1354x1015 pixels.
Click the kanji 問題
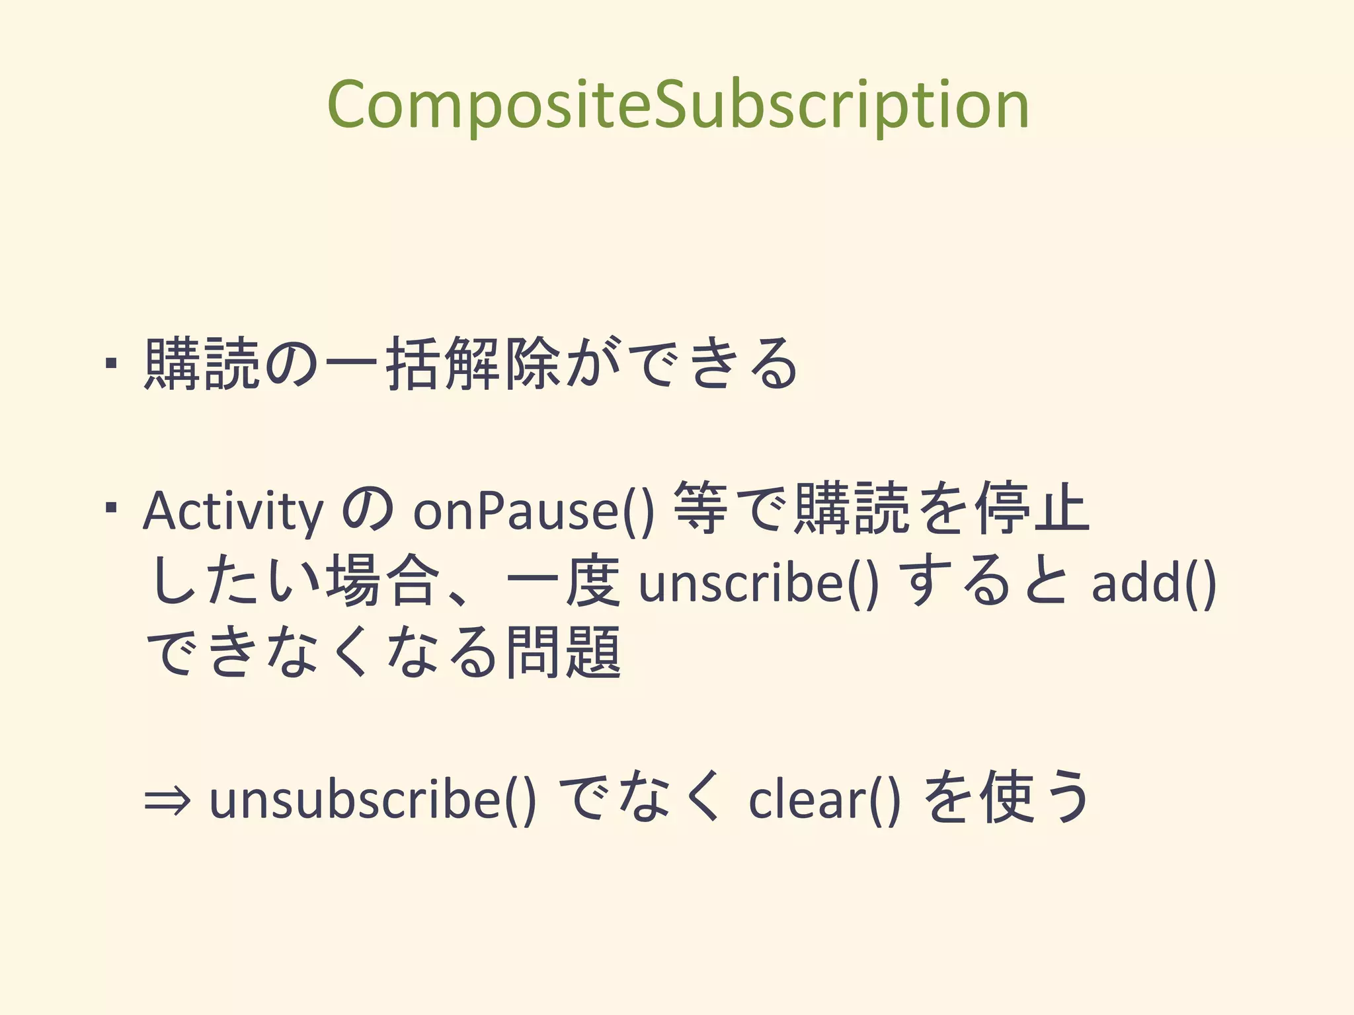563,653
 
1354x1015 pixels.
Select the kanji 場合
383,582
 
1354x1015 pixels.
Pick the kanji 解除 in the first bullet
502,363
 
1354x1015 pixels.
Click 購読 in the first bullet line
202,363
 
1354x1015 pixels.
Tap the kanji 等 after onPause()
701,509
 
